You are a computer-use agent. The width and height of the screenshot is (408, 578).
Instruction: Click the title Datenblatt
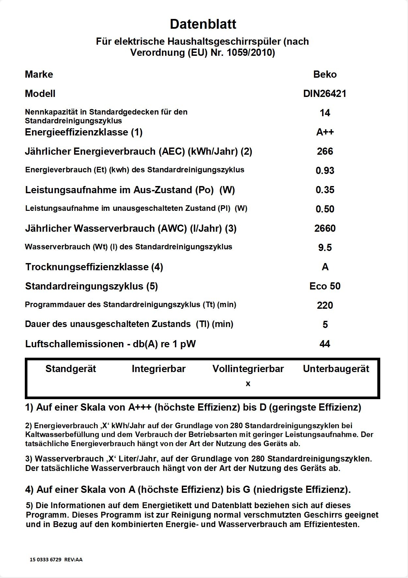(203, 24)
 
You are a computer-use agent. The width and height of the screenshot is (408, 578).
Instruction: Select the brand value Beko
(325, 74)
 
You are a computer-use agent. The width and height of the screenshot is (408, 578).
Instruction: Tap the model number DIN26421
(325, 94)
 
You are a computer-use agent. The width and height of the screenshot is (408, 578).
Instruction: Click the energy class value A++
(325, 132)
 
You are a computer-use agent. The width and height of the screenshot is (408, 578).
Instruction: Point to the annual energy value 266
(325, 151)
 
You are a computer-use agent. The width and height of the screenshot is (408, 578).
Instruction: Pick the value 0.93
(325, 171)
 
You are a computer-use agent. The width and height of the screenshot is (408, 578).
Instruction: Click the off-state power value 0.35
(325, 190)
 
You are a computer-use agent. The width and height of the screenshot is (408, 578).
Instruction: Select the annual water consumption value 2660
(325, 228)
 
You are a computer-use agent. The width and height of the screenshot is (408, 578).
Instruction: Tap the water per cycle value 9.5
(325, 248)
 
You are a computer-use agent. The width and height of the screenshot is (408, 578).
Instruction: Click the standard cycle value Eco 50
(325, 286)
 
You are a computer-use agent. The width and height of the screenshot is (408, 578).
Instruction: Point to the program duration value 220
(325, 305)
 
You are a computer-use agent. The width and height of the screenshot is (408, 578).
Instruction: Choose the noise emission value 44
(325, 344)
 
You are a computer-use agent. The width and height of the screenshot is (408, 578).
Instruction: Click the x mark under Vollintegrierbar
(248, 384)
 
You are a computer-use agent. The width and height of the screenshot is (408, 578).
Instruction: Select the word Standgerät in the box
(71, 369)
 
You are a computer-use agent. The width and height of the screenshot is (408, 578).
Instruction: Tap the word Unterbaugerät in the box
(336, 369)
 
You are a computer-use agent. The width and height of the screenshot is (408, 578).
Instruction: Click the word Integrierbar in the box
(159, 369)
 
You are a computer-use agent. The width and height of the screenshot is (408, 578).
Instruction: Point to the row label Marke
(39, 74)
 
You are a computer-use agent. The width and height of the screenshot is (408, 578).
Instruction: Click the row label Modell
(40, 94)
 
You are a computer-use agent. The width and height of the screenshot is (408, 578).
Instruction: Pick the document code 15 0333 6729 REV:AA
(56, 559)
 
